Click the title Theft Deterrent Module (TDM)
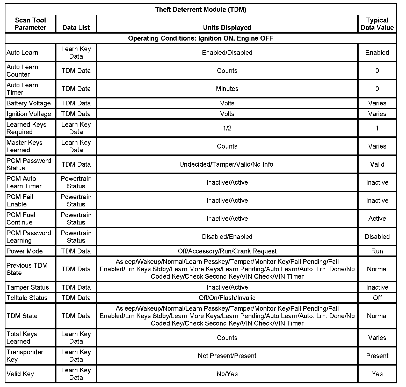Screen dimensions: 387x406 tap(201, 10)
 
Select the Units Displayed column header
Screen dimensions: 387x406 tap(227, 27)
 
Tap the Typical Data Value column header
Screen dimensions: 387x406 tap(377, 24)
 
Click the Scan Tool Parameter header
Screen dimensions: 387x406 tap(30, 24)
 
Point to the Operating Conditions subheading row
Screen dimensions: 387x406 tap(201, 38)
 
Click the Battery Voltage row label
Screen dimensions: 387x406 tap(28, 103)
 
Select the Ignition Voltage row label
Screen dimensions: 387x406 tap(29, 114)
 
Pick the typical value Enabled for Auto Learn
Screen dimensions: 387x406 tap(377, 52)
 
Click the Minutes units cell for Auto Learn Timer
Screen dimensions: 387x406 tap(227, 89)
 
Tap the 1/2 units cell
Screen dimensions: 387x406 tap(227, 128)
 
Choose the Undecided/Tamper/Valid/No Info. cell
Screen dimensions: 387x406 tap(227, 164)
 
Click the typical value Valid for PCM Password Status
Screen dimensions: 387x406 tap(377, 164)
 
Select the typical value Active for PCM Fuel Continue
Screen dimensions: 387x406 tap(377, 219)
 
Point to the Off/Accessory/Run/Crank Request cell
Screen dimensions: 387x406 tap(227, 251)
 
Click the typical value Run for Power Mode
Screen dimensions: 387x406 tap(377, 251)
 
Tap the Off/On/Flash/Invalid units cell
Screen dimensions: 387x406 tap(227, 298)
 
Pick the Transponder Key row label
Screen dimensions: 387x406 tap(25, 356)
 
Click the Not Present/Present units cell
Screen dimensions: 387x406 tap(227, 356)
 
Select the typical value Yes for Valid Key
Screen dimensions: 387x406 tap(377, 374)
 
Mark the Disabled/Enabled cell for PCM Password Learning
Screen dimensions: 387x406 tap(227, 237)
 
